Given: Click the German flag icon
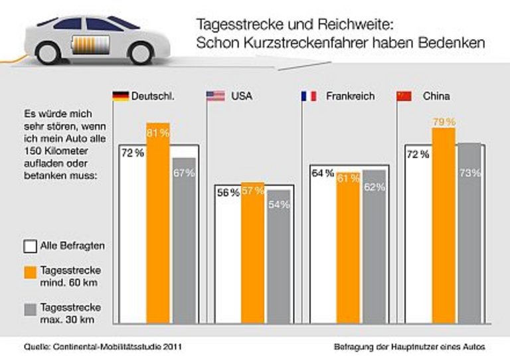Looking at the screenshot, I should click(122, 96).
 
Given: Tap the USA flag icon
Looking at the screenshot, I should click(216, 96).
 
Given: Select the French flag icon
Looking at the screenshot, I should click(309, 96).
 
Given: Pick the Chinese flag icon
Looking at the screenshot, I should click(404, 96).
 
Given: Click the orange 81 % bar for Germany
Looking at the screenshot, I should click(158, 226).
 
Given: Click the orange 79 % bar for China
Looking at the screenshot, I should click(443, 226).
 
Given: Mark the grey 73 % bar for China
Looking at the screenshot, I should click(469, 232).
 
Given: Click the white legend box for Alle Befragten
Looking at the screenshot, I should click(30, 246).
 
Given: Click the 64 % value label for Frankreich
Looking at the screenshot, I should click(322, 174).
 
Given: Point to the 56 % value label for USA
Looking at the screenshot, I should click(228, 193).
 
